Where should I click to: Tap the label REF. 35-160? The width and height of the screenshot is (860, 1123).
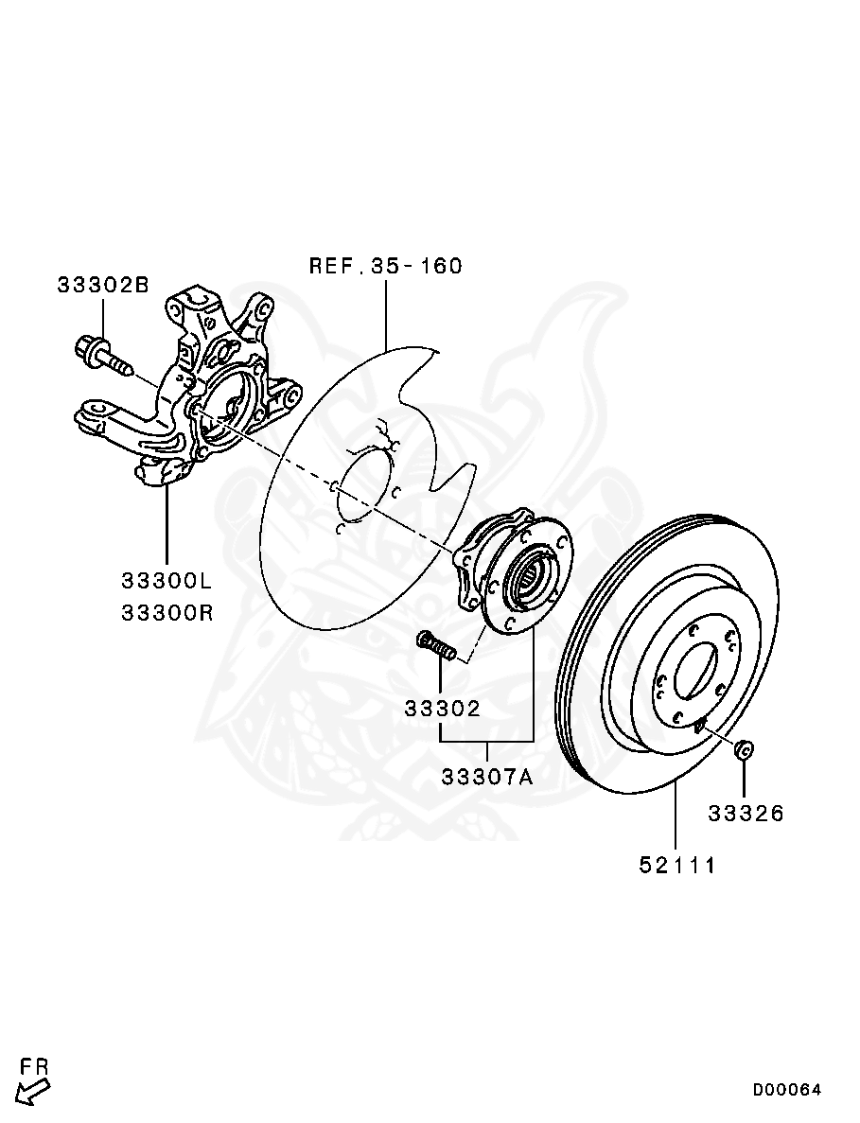point(386,266)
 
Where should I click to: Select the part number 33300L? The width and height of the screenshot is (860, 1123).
point(167,579)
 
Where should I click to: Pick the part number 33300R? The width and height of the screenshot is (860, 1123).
point(167,612)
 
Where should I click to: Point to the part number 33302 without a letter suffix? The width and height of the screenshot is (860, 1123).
point(443,708)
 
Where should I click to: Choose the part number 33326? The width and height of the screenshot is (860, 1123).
point(746,813)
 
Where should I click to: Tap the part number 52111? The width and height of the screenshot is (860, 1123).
point(676,865)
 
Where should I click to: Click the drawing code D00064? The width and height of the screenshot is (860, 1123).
point(787,1090)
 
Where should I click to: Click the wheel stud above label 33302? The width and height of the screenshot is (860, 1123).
point(436,647)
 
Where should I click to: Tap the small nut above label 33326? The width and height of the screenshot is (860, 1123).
point(745,749)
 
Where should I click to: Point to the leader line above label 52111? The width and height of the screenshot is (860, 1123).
point(676,814)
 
